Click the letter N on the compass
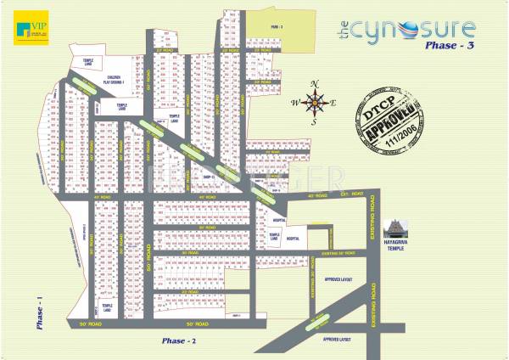tap(316, 83)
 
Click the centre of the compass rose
tap(316, 104)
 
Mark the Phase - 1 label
tap(40, 312)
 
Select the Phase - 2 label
tap(180, 340)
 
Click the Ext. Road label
tap(345, 195)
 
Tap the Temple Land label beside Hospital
tap(274, 236)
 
